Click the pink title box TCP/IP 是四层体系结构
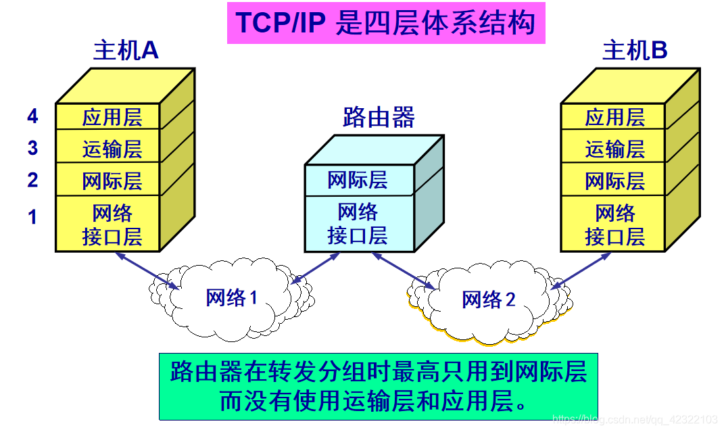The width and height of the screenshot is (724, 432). [x=385, y=23]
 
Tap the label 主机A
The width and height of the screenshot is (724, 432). [x=126, y=51]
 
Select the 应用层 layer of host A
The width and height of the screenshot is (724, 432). [x=112, y=117]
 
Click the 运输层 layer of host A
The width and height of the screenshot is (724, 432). [x=112, y=148]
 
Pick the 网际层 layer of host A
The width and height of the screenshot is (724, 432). [x=112, y=181]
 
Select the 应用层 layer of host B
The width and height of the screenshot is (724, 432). [x=614, y=117]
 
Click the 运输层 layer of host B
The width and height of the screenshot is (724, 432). [x=614, y=148]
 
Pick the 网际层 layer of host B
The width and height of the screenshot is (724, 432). [x=614, y=181]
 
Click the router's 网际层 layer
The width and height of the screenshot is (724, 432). [x=358, y=180]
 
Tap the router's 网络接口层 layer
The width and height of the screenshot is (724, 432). [x=358, y=224]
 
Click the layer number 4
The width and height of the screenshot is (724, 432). [x=32, y=117]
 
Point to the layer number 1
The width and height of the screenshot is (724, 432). [x=32, y=217]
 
